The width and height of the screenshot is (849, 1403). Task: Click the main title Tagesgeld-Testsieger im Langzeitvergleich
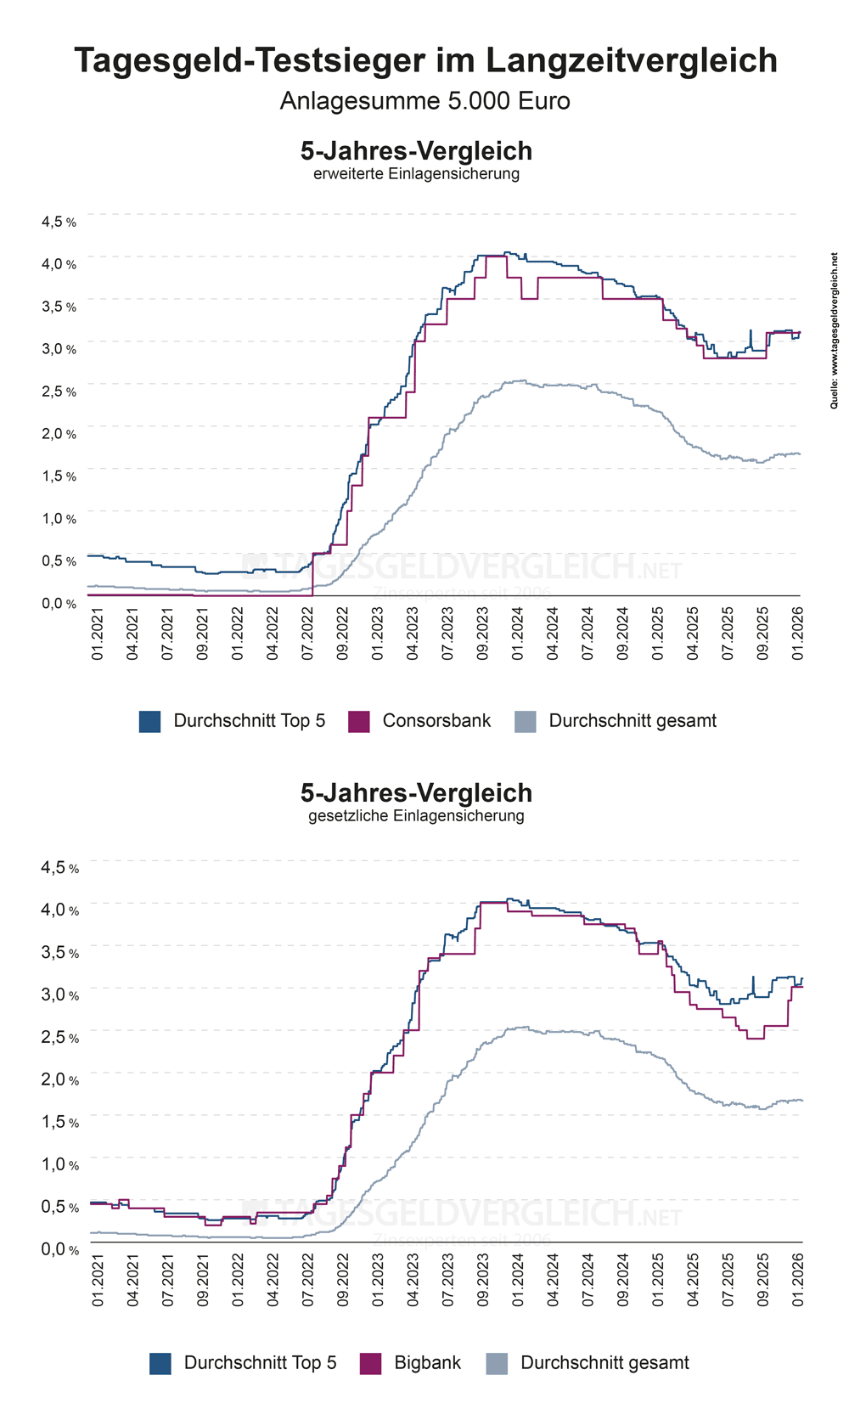[x=425, y=61]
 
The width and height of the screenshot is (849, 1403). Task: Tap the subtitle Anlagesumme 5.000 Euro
[x=424, y=101]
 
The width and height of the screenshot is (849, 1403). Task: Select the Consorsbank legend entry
[x=436, y=721]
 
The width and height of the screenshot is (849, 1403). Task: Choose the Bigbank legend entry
[x=427, y=1363]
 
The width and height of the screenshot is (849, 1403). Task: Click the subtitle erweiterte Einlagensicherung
[x=416, y=174]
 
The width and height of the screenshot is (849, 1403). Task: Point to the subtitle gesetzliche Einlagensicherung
[x=416, y=816]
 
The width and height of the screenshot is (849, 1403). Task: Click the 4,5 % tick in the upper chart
[x=59, y=222]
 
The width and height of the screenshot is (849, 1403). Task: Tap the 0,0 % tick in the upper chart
[x=59, y=604]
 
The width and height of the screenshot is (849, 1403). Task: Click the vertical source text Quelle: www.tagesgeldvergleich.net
[x=835, y=330]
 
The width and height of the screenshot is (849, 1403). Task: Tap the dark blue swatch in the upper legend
[x=149, y=722]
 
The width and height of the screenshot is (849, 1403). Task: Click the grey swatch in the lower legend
[x=497, y=1364]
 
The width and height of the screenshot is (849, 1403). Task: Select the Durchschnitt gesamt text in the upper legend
[x=633, y=721]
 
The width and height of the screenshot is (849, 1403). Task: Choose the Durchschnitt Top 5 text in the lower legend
[x=260, y=1363]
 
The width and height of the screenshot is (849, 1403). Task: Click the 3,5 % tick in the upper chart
[x=59, y=307]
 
